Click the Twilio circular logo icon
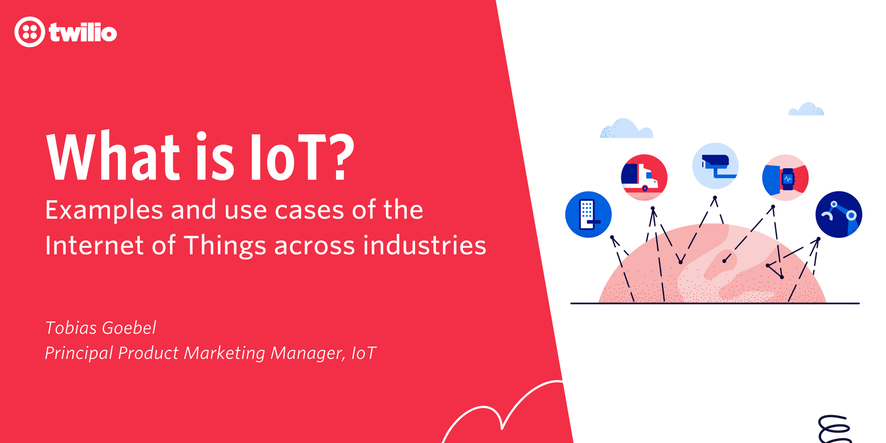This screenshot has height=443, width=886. [x=30, y=32]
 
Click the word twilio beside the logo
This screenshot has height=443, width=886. [x=83, y=32]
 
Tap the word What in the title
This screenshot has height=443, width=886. [x=113, y=157]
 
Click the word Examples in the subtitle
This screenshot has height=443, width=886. [x=104, y=211]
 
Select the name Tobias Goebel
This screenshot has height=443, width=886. [x=101, y=328]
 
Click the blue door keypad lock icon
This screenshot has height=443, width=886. [x=588, y=214]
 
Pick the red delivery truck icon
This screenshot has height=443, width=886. [x=644, y=177]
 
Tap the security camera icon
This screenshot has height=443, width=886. [x=715, y=166]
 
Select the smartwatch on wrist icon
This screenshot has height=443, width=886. [x=785, y=178]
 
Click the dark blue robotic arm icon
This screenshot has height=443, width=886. [x=838, y=214]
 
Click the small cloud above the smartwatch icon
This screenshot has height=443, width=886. [x=806, y=110]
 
